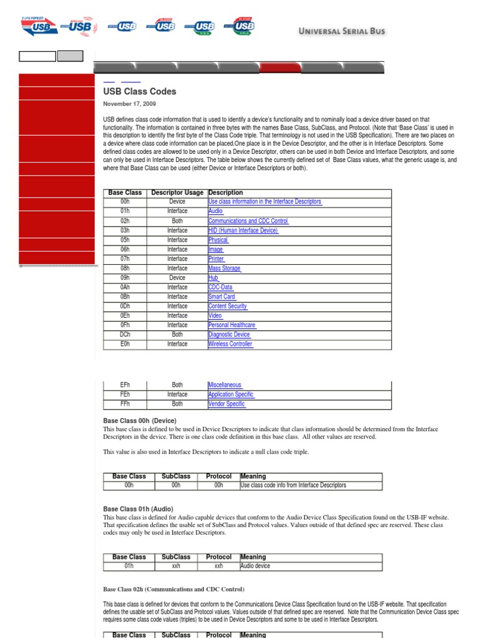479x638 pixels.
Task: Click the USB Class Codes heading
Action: click(x=140, y=92)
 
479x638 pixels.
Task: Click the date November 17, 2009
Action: click(x=129, y=104)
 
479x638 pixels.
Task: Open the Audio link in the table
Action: click(x=215, y=211)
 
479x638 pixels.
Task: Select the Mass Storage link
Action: click(x=225, y=269)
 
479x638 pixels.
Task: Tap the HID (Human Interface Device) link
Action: click(x=243, y=231)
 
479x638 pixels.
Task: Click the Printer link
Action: click(x=216, y=259)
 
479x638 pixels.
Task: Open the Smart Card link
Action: click(x=222, y=297)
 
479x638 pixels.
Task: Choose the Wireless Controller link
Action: click(x=230, y=344)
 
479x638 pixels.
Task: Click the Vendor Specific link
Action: click(x=227, y=404)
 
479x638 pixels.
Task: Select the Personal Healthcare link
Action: click(x=232, y=325)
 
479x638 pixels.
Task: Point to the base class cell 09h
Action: click(x=125, y=278)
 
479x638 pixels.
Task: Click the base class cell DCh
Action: click(x=125, y=335)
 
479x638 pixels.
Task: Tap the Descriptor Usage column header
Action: click(x=177, y=193)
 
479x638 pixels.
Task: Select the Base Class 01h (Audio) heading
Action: click(x=138, y=509)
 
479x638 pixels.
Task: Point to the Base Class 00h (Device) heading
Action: click(x=140, y=421)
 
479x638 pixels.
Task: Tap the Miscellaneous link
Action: click(x=225, y=385)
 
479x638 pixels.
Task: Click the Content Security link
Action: click(x=228, y=307)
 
